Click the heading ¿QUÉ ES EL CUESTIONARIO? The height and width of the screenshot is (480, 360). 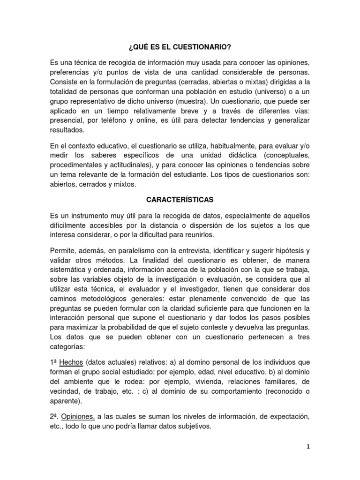click(180, 48)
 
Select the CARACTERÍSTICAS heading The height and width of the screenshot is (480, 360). click(180, 199)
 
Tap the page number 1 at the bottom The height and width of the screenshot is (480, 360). click(308, 447)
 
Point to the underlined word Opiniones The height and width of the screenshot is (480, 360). click(79, 417)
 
